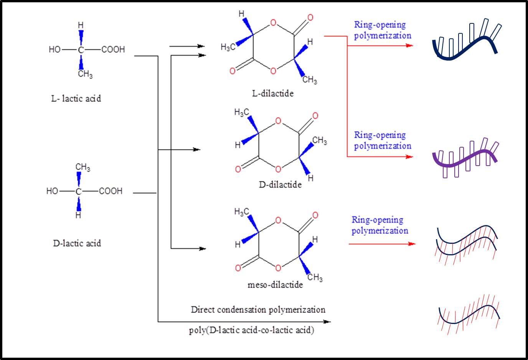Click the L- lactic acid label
pos(76,99)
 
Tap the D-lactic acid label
pos(77,243)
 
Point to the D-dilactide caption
pos(280,185)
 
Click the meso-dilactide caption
pos(275,285)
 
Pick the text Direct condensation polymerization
pos(258,309)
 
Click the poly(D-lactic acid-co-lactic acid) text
pos(251,330)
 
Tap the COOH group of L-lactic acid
pos(113,49)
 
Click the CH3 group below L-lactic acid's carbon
pos(85,74)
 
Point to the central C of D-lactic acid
pos(78,191)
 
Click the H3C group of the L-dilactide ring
pos(228,47)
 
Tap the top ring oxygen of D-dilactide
pos(278,122)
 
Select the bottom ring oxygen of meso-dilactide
pos(278,267)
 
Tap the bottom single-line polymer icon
pos(469,314)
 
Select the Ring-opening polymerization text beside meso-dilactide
pos(380,225)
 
